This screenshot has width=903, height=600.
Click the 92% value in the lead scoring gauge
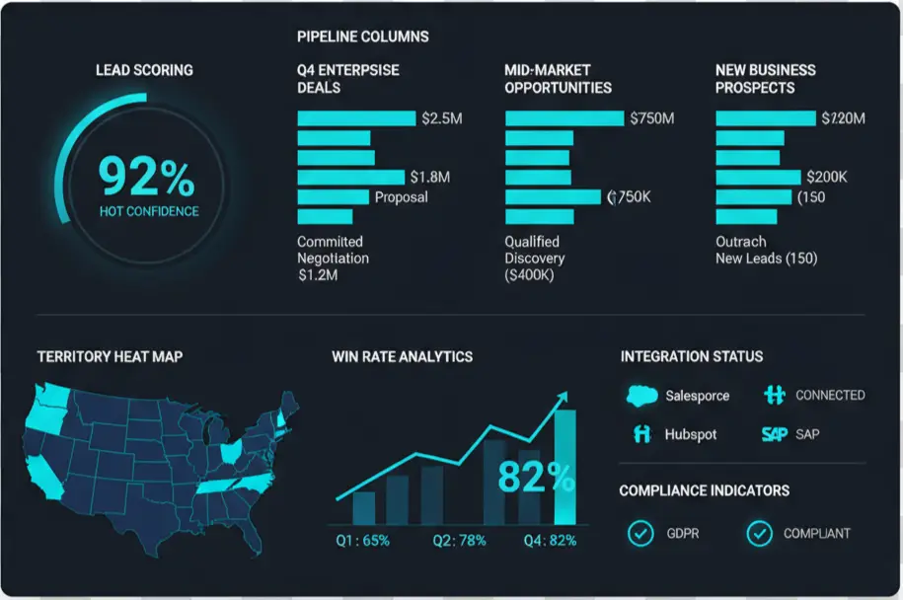tap(146, 178)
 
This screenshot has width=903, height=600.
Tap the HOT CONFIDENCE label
tap(149, 211)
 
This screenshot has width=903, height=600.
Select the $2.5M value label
tap(441, 118)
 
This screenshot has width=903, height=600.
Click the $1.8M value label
tap(429, 178)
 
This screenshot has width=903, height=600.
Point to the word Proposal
tap(402, 197)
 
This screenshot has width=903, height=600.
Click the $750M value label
tap(652, 118)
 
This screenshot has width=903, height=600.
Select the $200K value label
tap(827, 178)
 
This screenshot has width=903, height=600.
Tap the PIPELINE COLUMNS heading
tap(362, 37)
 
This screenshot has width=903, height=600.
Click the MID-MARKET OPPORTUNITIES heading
tap(558, 79)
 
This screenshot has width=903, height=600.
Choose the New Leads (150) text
tap(766, 259)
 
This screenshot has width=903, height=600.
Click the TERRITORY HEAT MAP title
tap(110, 356)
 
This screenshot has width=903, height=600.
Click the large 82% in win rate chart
tap(536, 477)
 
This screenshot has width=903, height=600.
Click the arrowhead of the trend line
tap(563, 396)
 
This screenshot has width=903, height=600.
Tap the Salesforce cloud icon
tap(640, 396)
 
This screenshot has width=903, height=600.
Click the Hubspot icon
tap(642, 434)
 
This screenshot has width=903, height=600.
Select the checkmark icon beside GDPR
tap(640, 534)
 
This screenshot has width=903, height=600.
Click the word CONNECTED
tap(830, 395)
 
